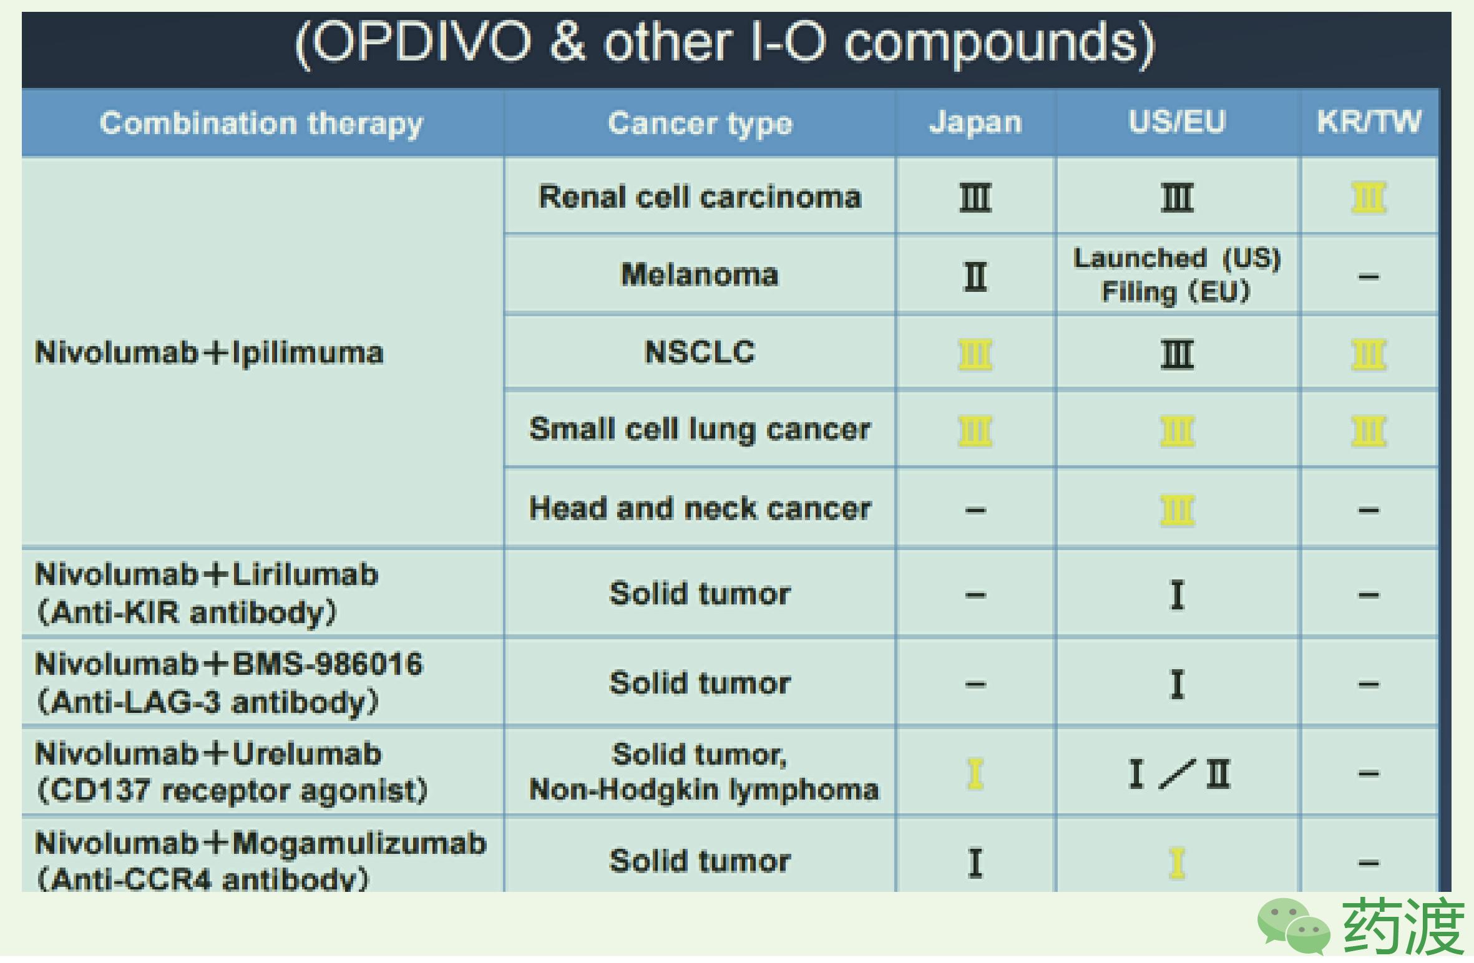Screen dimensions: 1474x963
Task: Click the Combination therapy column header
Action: tap(261, 123)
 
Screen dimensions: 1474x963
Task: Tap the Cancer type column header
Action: tap(700, 123)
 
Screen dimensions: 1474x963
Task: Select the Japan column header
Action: tap(975, 122)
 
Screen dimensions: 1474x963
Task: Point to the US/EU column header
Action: tap(1177, 122)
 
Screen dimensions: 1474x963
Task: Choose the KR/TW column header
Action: tap(1369, 122)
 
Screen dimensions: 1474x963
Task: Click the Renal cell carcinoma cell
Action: tap(700, 197)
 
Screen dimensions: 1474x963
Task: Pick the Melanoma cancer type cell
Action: tap(700, 274)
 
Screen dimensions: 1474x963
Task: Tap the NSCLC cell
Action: tap(700, 352)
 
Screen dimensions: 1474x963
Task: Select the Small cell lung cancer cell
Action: tap(700, 430)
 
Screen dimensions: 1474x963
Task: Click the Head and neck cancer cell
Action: tap(700, 508)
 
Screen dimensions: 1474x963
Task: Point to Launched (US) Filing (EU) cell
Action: tap(1177, 275)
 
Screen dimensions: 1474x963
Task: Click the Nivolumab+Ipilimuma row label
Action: tap(209, 353)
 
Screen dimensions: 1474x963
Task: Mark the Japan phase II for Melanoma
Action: tap(975, 276)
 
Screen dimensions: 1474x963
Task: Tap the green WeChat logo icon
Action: tap(1293, 926)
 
